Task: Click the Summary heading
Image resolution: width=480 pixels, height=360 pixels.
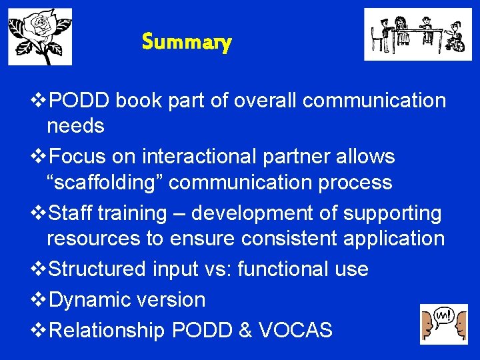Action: point(187,43)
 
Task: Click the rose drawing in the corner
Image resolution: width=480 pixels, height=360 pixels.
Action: point(40,36)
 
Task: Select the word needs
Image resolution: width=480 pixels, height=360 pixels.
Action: point(75,125)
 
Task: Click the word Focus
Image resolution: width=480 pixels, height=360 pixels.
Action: point(77,157)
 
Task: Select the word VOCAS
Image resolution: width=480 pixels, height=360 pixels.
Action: point(296,330)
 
